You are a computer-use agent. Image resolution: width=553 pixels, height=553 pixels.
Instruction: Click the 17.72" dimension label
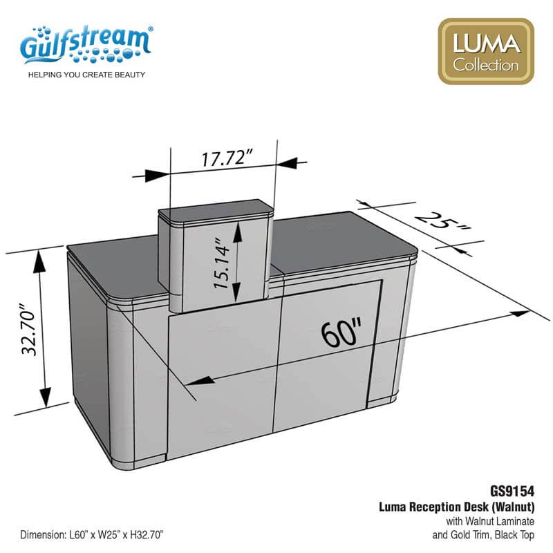tap(227, 158)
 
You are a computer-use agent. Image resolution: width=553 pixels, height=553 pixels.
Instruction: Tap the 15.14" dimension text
tap(222, 263)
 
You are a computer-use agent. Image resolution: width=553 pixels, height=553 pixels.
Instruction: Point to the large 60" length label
tap(341, 332)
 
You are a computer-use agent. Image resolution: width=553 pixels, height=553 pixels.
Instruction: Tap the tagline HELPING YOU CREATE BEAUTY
tap(86, 75)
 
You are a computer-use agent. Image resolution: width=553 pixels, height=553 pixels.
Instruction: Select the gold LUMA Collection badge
tap(486, 51)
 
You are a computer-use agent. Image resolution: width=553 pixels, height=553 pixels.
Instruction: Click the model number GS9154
tap(512, 491)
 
